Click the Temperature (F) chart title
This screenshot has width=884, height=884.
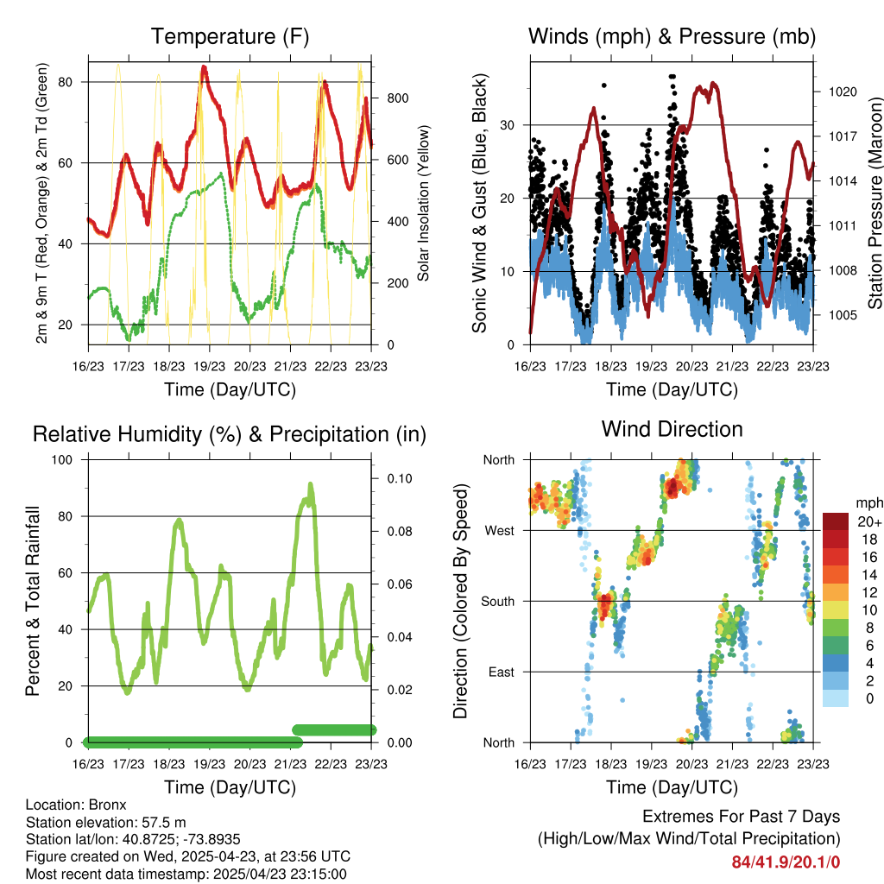[x=230, y=36]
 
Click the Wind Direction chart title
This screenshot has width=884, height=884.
[x=672, y=429]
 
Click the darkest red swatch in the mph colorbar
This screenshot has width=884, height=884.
[x=835, y=521]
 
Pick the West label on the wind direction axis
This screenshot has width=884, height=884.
[x=500, y=530]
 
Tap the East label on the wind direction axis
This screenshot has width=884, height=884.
[x=502, y=672]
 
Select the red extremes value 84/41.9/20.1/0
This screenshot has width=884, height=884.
[x=786, y=862]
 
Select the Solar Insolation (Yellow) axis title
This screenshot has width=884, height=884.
[x=424, y=204]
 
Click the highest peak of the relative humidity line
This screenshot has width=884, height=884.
[x=310, y=485]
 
